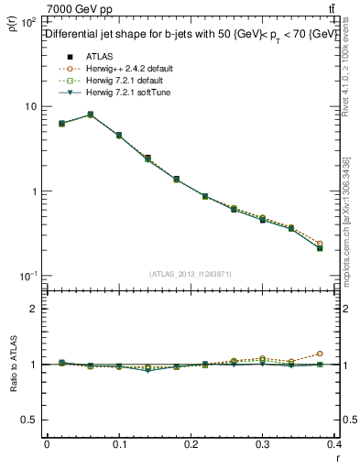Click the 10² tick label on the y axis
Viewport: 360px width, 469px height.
click(27, 22)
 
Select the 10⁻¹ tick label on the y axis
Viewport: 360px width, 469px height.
click(27, 276)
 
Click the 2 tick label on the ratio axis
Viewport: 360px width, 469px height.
click(33, 309)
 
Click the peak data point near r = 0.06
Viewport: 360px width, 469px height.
click(90, 115)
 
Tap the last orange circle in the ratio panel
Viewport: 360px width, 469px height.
click(345, 353)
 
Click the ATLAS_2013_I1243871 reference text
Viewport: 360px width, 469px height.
click(191, 274)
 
